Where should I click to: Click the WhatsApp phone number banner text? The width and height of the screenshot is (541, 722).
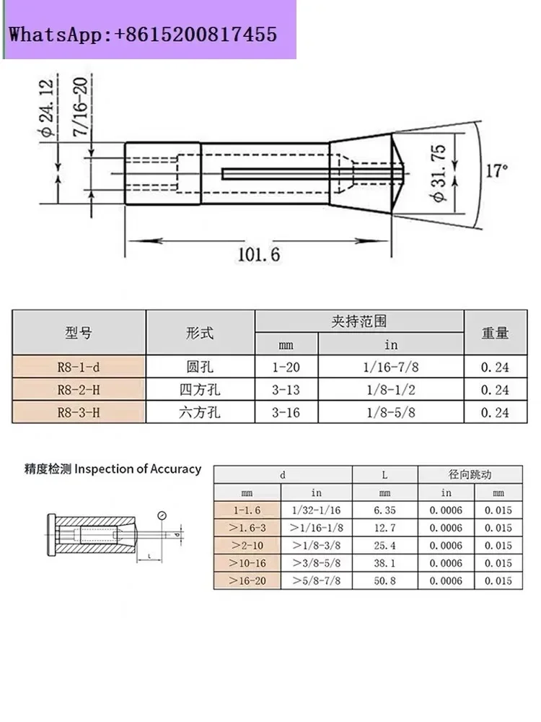(143, 35)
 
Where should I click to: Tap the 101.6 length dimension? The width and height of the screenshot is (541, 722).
(258, 255)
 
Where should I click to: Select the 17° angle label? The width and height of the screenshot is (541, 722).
(497, 171)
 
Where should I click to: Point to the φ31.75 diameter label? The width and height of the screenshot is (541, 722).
(440, 173)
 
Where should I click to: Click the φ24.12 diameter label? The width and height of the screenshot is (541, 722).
(48, 108)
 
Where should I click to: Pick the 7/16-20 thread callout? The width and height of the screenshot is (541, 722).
(80, 106)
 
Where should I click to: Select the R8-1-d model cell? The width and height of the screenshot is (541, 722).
(79, 367)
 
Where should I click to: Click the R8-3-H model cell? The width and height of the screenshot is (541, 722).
(79, 412)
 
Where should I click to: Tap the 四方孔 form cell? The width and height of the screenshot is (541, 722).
(200, 390)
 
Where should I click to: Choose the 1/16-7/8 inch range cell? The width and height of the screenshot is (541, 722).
(390, 367)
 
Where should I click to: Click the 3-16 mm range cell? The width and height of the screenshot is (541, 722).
(286, 412)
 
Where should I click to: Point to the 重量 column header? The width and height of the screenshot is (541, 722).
(495, 332)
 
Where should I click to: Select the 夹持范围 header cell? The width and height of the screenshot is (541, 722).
(359, 321)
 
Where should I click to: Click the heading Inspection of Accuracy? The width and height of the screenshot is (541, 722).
(138, 469)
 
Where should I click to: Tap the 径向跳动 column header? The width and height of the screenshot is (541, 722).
(470, 474)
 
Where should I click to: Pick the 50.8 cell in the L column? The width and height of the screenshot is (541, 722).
(384, 580)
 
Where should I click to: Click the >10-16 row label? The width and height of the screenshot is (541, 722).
(247, 563)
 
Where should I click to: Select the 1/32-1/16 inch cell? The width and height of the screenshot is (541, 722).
(316, 510)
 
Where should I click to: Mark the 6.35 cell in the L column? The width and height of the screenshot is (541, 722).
(384, 510)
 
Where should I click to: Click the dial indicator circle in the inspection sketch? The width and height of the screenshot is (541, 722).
(162, 516)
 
